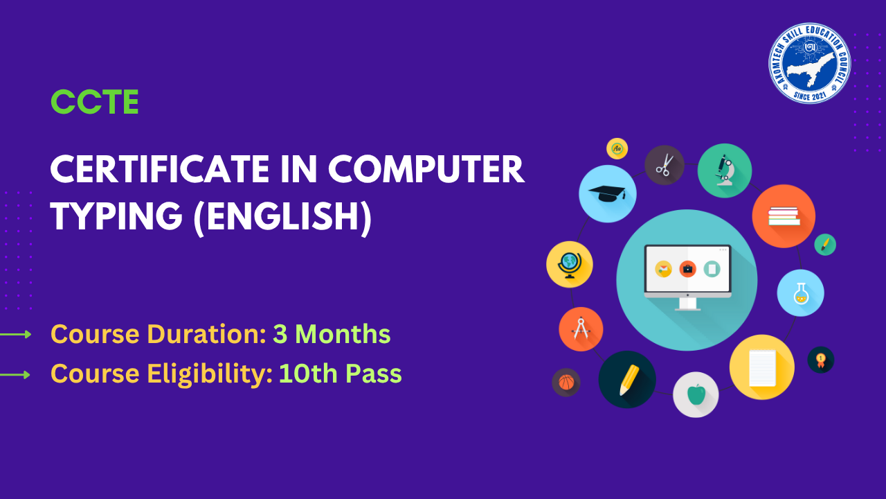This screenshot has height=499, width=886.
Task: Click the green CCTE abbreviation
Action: [x=95, y=103]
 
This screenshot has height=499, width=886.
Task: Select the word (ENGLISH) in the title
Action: [x=282, y=218]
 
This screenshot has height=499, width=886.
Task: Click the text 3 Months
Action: [x=332, y=334]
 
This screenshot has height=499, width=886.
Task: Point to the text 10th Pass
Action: [x=340, y=374]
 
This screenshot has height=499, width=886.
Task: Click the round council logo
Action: [x=809, y=62]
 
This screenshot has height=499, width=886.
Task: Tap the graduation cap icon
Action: [x=607, y=194]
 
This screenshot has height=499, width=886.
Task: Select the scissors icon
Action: [x=664, y=165]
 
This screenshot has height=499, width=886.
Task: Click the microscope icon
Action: [x=724, y=170]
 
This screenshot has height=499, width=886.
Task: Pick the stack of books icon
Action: [x=784, y=216]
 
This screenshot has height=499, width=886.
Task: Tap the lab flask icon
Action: [x=800, y=292]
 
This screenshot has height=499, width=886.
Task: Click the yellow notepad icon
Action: [x=761, y=367]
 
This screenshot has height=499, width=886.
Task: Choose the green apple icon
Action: [x=696, y=394]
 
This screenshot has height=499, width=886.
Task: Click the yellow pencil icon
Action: [x=627, y=379]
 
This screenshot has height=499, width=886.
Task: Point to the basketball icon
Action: [x=566, y=382]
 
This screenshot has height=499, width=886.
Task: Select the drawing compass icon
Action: [x=581, y=329]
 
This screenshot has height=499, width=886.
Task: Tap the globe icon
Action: [x=569, y=264]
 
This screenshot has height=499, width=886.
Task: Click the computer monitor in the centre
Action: [x=687, y=276]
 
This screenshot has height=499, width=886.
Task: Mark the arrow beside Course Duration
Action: [x=15, y=335]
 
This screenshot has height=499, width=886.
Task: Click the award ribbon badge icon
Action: [x=820, y=360]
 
